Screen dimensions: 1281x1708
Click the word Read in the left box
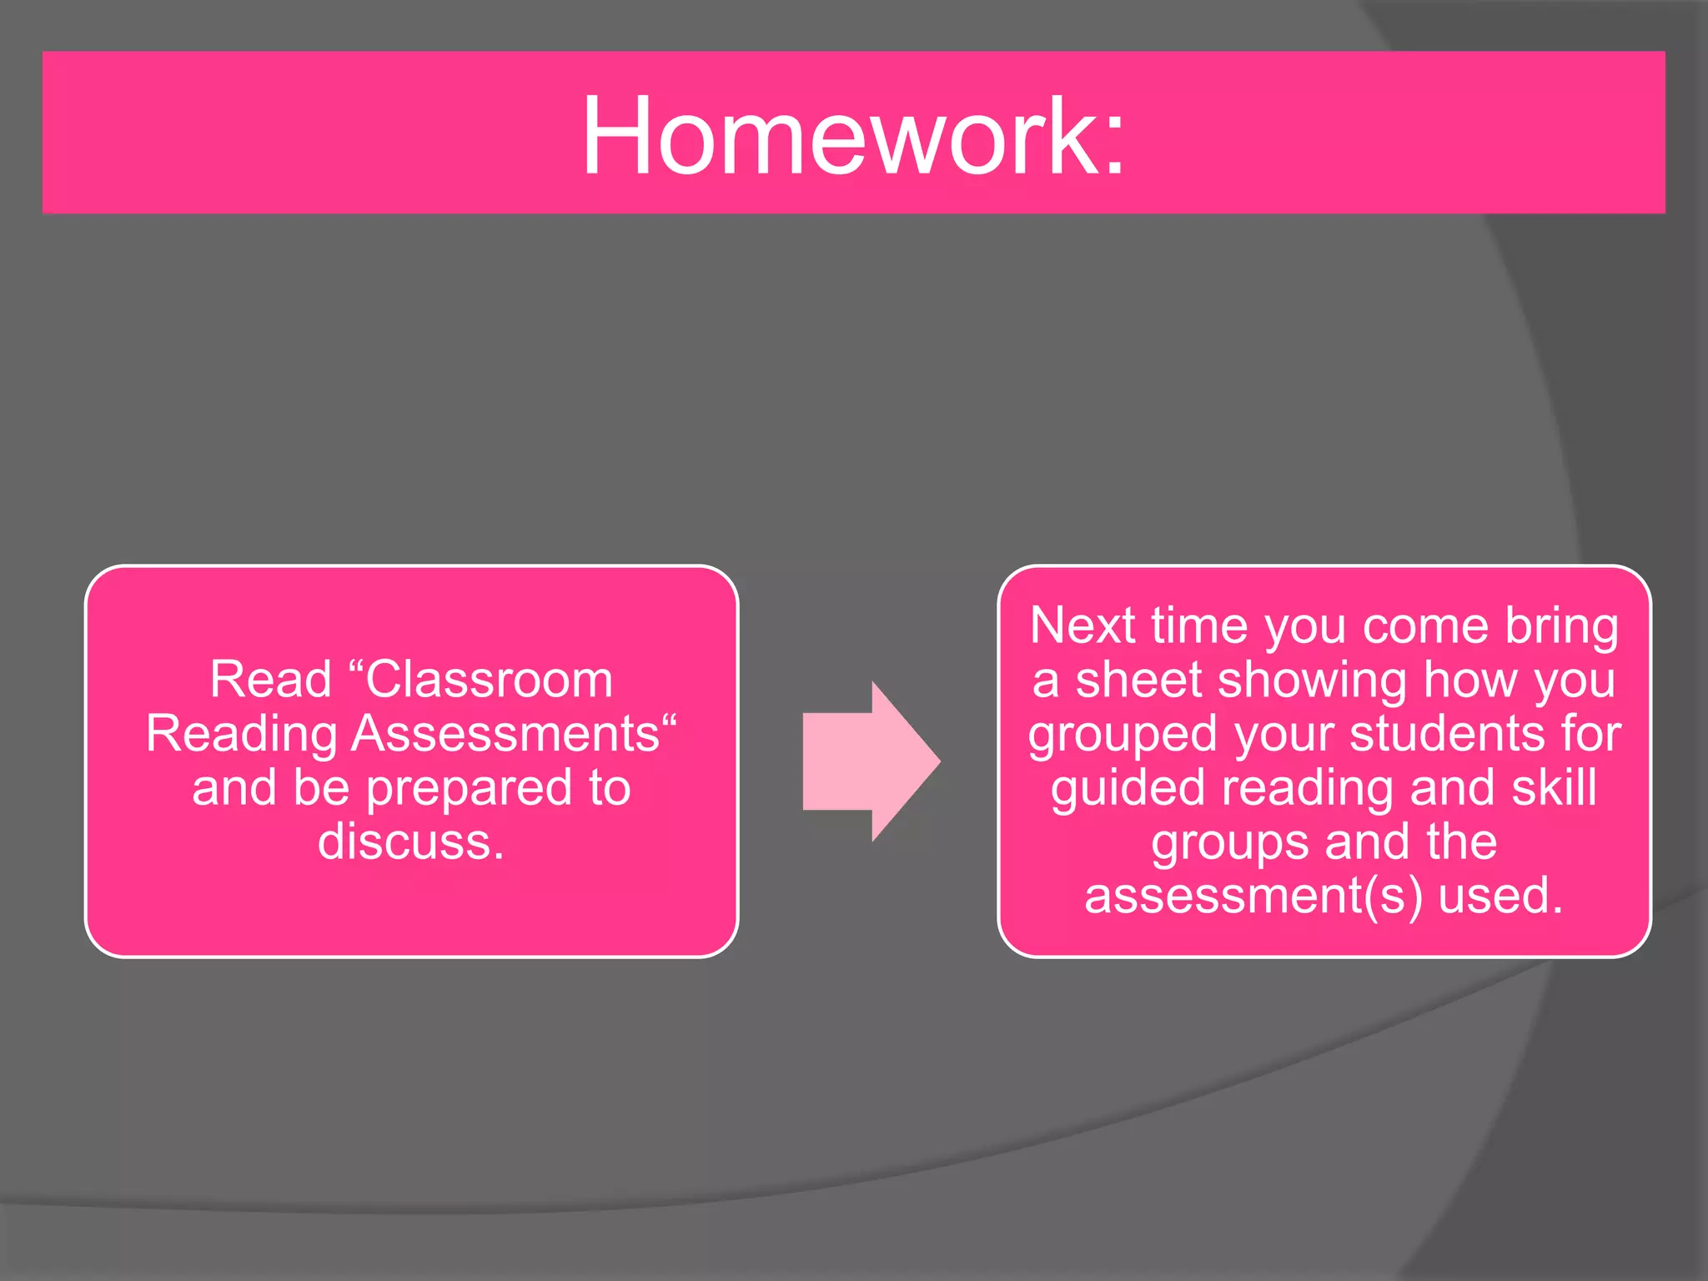tap(271, 680)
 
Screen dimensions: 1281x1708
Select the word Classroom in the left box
tap(490, 680)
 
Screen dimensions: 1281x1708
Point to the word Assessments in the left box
tap(506, 734)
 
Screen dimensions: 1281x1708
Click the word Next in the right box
tap(1083, 625)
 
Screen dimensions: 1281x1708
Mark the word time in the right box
tap(1198, 625)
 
